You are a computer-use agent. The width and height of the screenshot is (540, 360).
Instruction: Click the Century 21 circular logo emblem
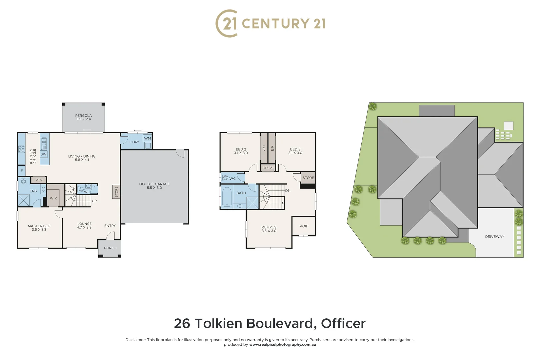[x=227, y=23]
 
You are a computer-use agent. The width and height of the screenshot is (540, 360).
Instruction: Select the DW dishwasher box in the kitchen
[x=43, y=154]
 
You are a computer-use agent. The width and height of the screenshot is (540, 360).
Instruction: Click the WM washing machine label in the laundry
[x=147, y=138]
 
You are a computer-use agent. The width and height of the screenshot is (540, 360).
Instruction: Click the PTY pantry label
[x=39, y=180]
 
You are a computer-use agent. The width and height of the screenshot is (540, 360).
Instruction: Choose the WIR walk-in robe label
[x=53, y=198]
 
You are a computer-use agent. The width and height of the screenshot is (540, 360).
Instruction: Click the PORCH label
[x=110, y=248]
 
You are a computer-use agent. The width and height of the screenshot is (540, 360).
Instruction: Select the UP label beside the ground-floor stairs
[x=94, y=201]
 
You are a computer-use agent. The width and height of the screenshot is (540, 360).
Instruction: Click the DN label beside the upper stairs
[x=288, y=191]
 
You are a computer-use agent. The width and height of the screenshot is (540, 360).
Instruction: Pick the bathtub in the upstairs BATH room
[x=227, y=197]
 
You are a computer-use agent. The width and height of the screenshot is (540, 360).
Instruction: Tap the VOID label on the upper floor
[x=304, y=226]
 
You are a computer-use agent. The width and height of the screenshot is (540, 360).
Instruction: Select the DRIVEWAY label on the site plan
[x=494, y=237]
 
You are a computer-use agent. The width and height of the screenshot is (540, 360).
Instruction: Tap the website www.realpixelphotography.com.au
[x=282, y=345]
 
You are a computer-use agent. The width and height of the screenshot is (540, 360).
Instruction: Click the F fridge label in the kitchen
[x=22, y=171]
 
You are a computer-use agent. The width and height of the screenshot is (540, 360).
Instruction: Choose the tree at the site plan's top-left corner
[x=373, y=107]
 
